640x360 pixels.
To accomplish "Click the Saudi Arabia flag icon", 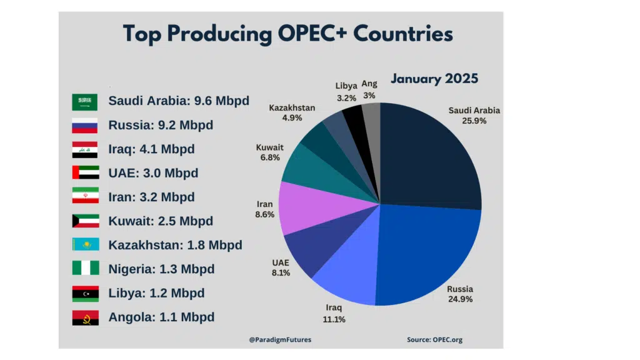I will [x=84, y=101].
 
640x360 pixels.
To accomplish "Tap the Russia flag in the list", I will [x=84, y=125].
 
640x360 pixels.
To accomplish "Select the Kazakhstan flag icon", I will [x=84, y=245].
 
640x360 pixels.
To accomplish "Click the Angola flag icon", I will [x=84, y=317].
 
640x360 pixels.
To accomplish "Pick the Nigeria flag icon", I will [x=84, y=269].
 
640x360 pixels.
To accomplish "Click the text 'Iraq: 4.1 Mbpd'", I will [x=151, y=149].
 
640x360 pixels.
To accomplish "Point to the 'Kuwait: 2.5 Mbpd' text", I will [x=161, y=221].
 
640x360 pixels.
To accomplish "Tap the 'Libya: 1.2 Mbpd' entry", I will [x=156, y=293].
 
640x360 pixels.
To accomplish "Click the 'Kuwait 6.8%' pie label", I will [x=269, y=152].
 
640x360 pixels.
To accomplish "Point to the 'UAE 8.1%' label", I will [x=281, y=267].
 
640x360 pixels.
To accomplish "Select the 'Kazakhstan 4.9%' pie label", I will [x=292, y=112].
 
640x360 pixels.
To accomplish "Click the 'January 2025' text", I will [x=434, y=79].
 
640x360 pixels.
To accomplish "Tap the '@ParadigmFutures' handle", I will [x=279, y=340].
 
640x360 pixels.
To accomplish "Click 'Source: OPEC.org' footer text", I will [x=434, y=340].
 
